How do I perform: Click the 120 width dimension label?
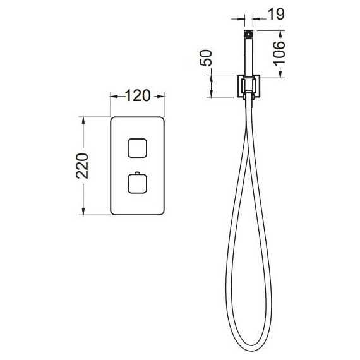(138, 95)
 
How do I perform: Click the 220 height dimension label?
(82, 165)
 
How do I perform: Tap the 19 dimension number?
(276, 14)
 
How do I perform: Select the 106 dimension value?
(279, 53)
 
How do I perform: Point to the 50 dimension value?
(206, 58)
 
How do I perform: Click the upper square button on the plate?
(137, 148)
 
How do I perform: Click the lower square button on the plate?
(137, 184)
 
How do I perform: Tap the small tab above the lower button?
(137, 173)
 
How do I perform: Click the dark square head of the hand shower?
(249, 35)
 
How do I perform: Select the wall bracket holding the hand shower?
(248, 87)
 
